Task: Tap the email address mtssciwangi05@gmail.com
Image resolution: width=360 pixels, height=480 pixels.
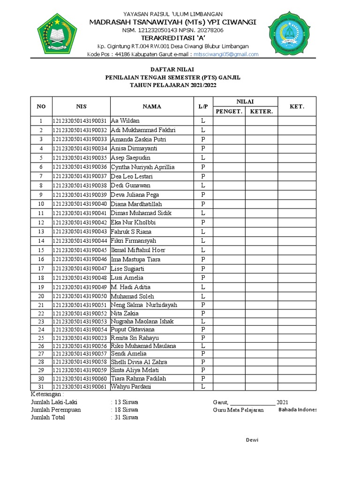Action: pyautogui.click(x=226, y=54)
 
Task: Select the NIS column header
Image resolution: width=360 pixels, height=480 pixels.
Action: pyautogui.click(x=81, y=106)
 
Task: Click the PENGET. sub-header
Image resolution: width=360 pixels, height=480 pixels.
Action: pyautogui.click(x=229, y=111)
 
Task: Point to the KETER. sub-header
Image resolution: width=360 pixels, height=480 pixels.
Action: pyautogui.click(x=261, y=111)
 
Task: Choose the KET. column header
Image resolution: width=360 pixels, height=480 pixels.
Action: pyautogui.click(x=297, y=106)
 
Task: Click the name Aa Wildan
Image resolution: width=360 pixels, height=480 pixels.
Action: pyautogui.click(x=125, y=121)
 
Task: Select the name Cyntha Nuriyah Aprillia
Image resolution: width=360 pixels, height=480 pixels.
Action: pyautogui.click(x=142, y=167)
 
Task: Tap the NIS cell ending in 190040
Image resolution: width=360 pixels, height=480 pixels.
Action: pyautogui.click(x=81, y=204)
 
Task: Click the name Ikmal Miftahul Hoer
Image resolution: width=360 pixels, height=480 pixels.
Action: pyautogui.click(x=138, y=250)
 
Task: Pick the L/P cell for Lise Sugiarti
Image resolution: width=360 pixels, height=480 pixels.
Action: pyautogui.click(x=203, y=269)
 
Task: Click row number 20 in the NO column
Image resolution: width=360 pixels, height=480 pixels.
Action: pyautogui.click(x=41, y=296)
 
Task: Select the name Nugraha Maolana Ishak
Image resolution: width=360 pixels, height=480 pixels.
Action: pyautogui.click(x=142, y=321)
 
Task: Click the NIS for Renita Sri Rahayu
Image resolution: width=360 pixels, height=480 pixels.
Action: pyautogui.click(x=81, y=338)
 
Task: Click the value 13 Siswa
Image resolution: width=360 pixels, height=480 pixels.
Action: pyautogui.click(x=126, y=402)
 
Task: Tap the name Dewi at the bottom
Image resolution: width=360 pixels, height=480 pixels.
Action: pyautogui.click(x=252, y=440)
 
